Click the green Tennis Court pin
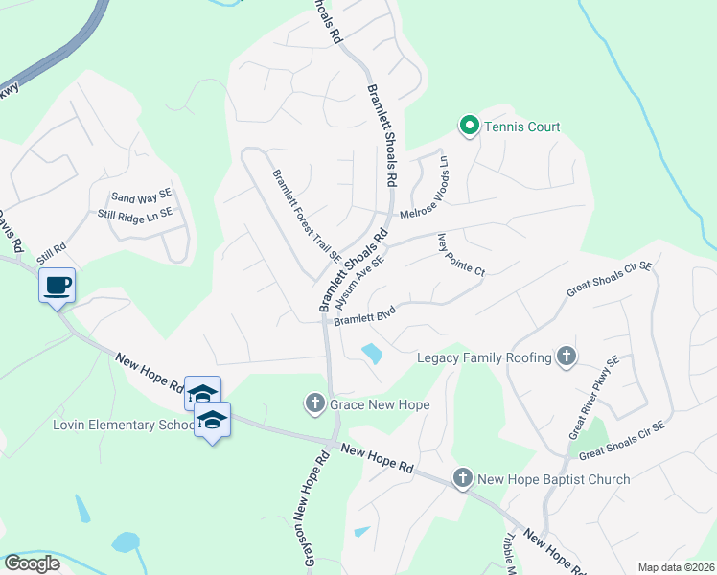click(470, 126)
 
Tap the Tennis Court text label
click(521, 126)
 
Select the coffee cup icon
click(58, 285)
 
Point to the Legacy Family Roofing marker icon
click(566, 357)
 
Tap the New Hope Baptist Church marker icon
click(463, 478)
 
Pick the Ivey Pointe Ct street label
click(461, 256)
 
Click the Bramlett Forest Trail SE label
click(307, 216)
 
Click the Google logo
click(32, 563)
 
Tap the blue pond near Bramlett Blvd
click(371, 354)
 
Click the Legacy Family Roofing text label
click(484, 357)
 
